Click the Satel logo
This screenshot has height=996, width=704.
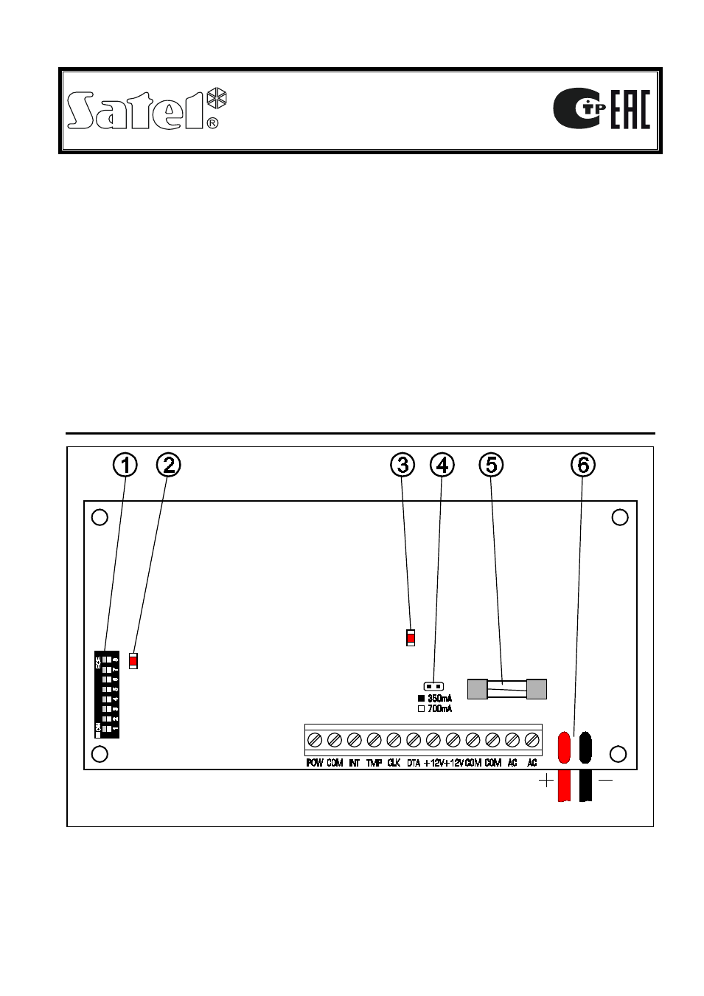[x=146, y=111]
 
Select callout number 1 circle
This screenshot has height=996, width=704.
[x=125, y=465]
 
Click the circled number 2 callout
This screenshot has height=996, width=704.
[x=169, y=465]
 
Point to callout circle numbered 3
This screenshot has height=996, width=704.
[x=402, y=465]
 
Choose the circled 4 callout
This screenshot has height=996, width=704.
[x=442, y=465]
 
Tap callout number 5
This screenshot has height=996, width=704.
[x=492, y=465]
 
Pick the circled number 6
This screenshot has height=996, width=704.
[x=583, y=465]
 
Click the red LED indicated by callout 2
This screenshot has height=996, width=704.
[x=133, y=661]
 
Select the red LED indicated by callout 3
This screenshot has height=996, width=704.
[x=411, y=637]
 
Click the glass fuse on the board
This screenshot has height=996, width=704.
[x=507, y=689]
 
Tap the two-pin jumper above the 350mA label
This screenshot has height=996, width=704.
[x=433, y=686]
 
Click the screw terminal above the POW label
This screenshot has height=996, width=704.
[x=315, y=739]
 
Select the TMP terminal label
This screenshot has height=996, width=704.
[x=374, y=763]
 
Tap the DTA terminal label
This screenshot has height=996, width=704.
[x=414, y=763]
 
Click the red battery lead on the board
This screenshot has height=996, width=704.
[x=565, y=748]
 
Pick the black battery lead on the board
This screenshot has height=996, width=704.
[x=585, y=748]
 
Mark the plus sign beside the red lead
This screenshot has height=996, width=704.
[x=546, y=781]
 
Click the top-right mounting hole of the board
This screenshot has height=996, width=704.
[x=620, y=517]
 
